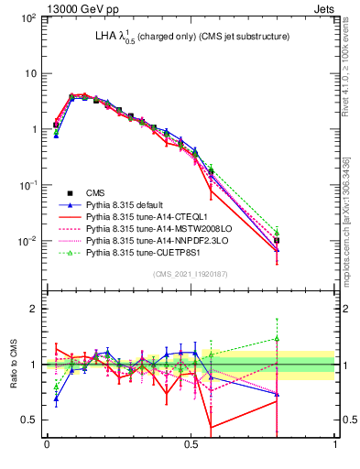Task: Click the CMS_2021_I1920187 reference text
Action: point(190,274)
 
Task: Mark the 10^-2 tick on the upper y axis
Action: point(28,241)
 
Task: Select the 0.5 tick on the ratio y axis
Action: point(29,420)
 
